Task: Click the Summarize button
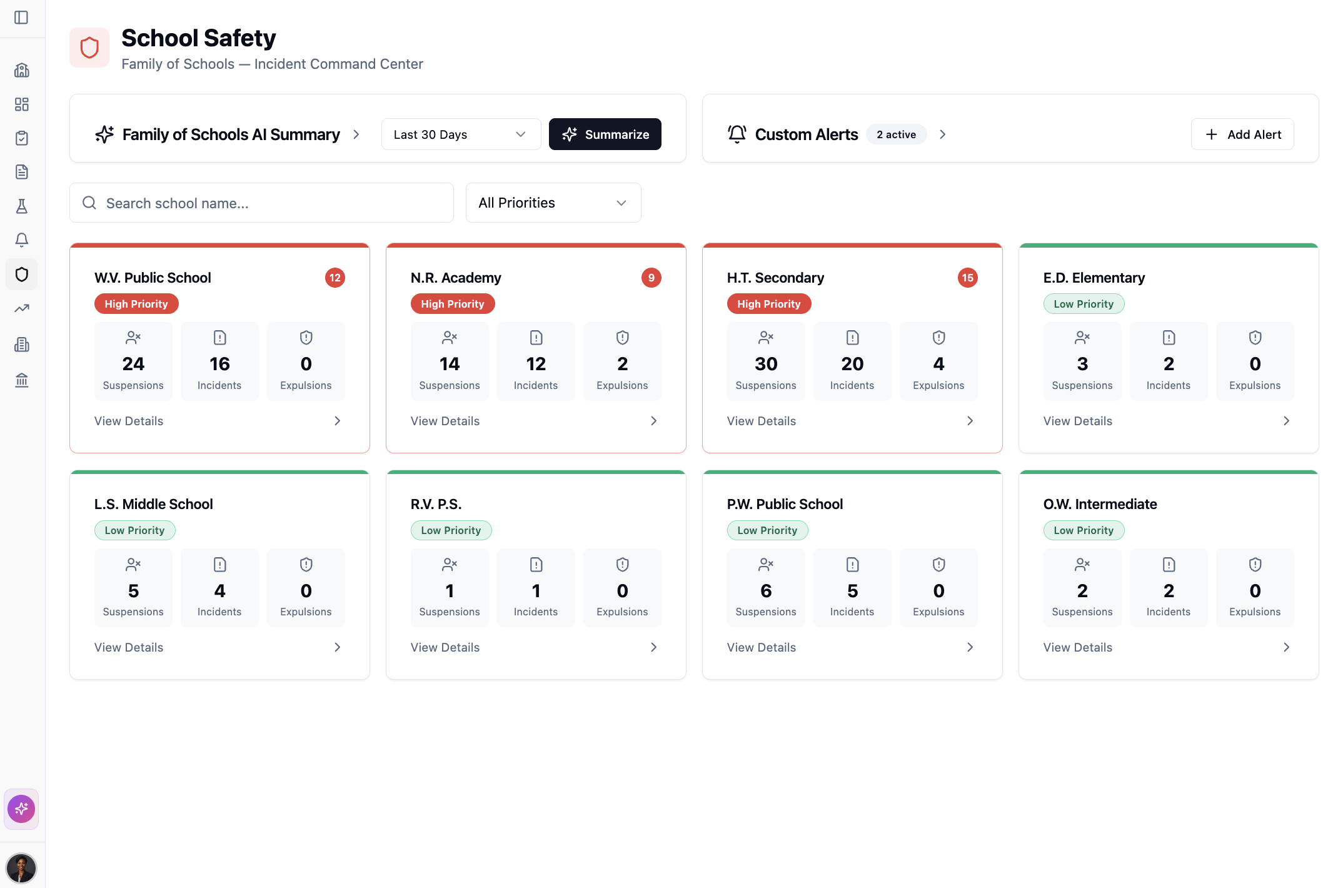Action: pos(605,134)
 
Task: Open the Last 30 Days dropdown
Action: pos(461,134)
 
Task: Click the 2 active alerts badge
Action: pos(896,134)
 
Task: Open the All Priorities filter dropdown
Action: pos(553,203)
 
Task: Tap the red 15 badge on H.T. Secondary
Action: pos(967,278)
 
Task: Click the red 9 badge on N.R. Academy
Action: pos(651,278)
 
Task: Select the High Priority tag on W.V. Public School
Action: pos(136,304)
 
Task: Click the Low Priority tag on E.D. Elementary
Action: pos(1084,304)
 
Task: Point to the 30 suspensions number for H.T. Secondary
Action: pos(766,364)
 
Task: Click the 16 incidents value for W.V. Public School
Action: pos(219,364)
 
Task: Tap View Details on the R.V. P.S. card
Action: pos(445,648)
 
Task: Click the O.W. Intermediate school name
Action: pos(1100,504)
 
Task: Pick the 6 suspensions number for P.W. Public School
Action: pos(766,591)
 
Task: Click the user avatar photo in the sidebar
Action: pos(21,868)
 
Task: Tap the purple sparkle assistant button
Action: pos(21,809)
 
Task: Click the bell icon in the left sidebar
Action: pos(22,240)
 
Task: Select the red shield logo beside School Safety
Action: pos(89,48)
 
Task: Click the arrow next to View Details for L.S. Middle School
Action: pos(338,648)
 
